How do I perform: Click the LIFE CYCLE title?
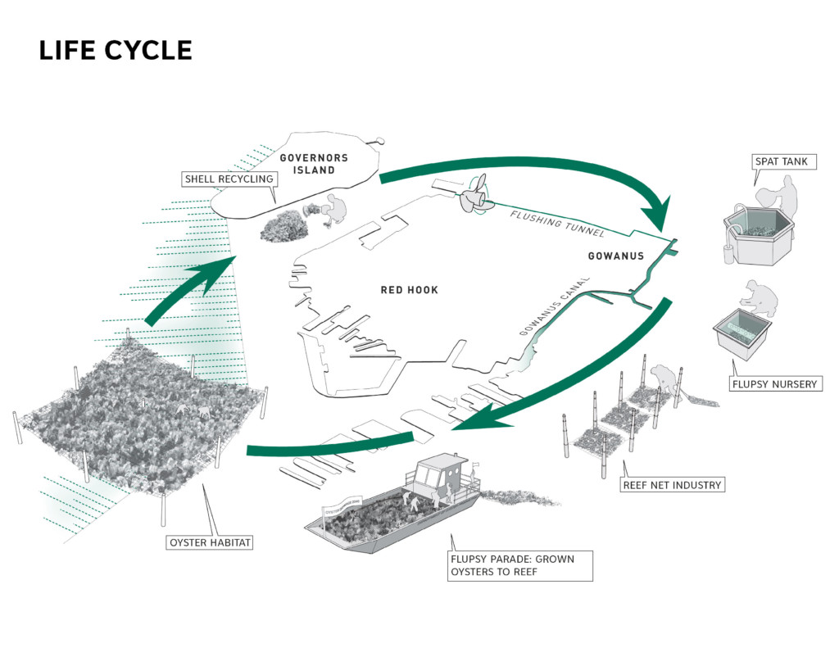pos(115,51)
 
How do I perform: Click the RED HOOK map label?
pos(410,290)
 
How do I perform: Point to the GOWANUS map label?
pos(616,256)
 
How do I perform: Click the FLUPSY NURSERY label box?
pos(775,383)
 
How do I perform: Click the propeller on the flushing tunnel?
pos(476,195)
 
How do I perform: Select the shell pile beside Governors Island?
pos(283,225)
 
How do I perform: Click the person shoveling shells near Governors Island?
pos(329,211)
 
